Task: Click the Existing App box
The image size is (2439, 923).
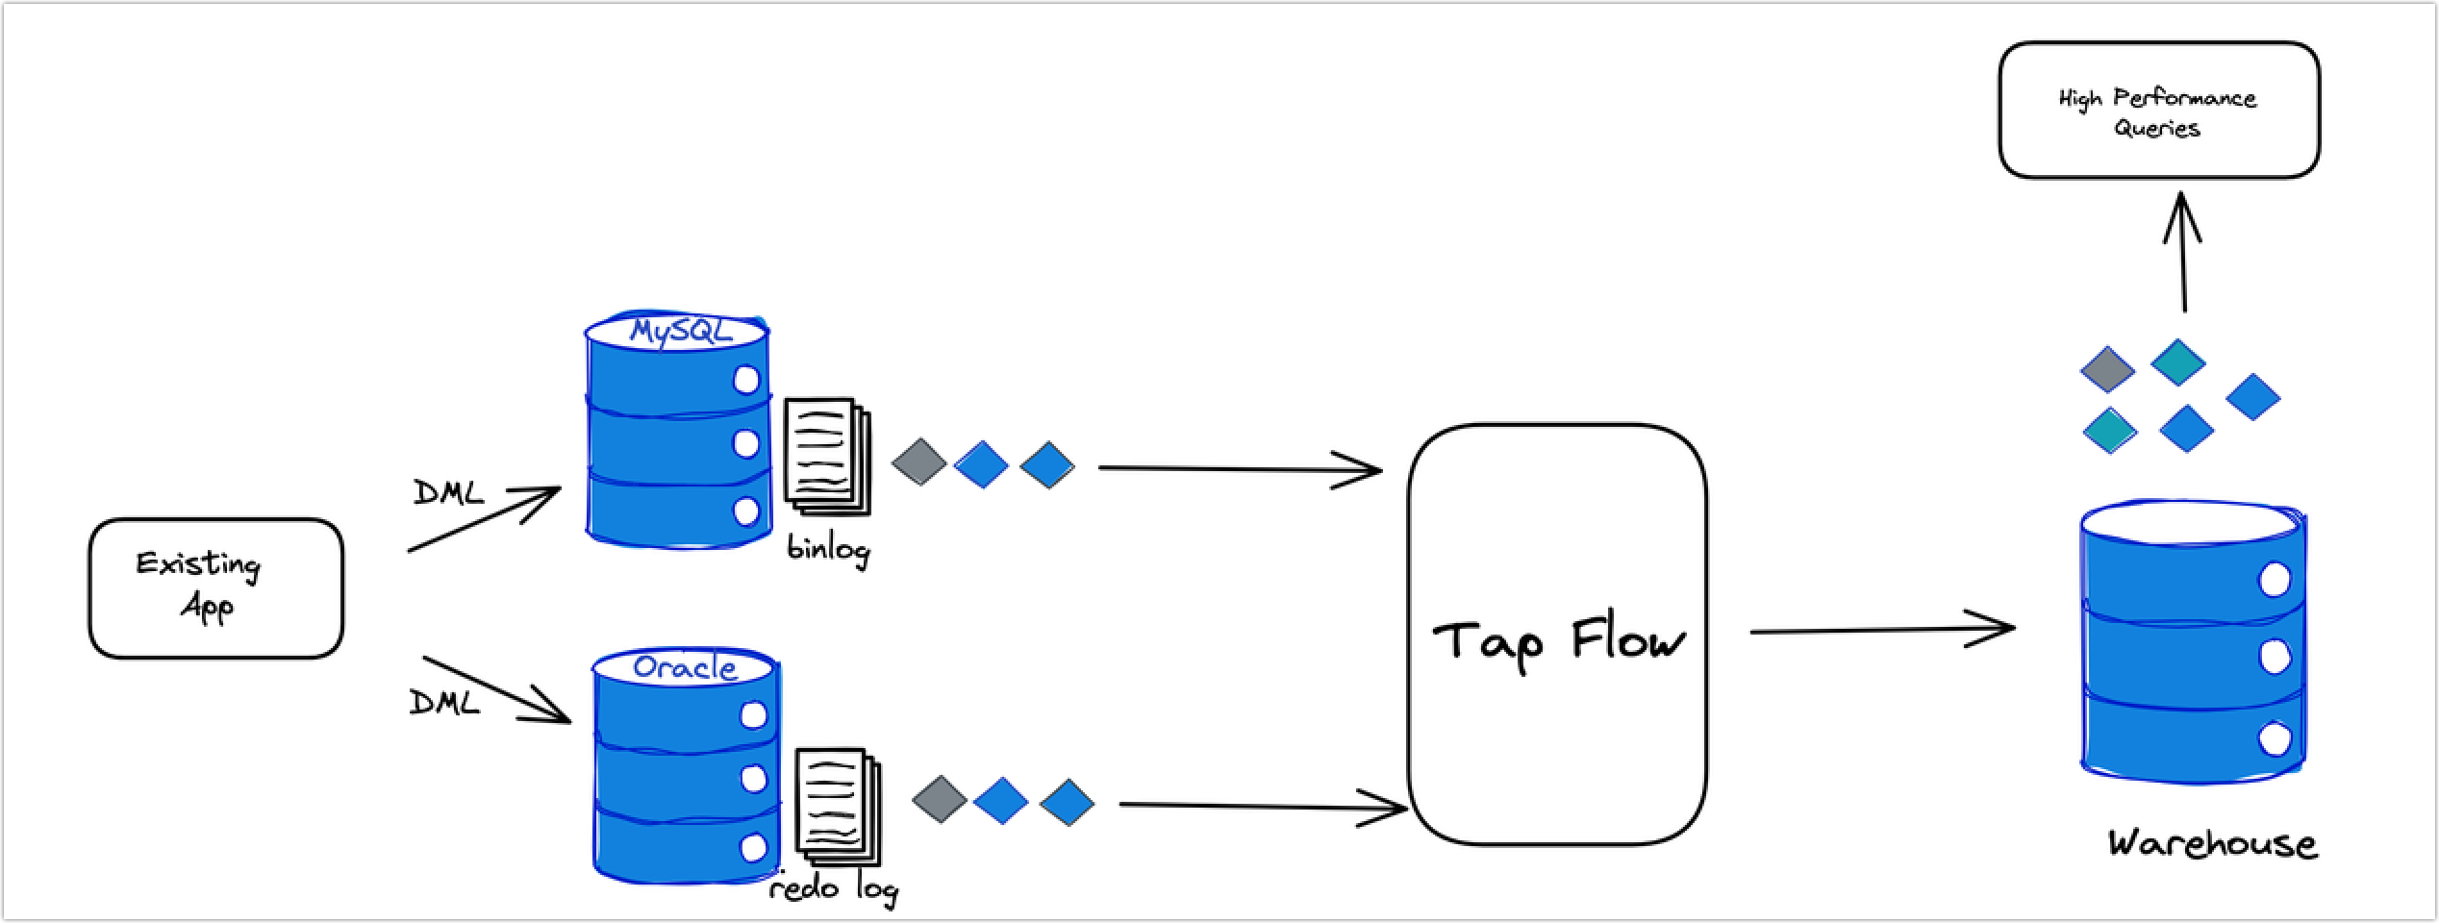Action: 215,588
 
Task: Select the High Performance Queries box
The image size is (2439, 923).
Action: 2158,111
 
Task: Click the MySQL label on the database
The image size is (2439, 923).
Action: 681,331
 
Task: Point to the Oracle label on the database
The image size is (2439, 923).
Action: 686,666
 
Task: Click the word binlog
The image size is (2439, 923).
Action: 828,549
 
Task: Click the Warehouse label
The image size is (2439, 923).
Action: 2212,844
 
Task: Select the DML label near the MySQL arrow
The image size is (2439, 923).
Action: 448,493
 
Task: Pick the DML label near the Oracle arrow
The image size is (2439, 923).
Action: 444,703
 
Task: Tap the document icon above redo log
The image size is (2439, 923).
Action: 837,806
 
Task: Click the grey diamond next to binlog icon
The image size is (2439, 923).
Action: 919,461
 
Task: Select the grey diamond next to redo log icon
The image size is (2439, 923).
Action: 939,799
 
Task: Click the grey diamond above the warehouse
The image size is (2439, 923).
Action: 2107,369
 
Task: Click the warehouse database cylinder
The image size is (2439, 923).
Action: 2193,644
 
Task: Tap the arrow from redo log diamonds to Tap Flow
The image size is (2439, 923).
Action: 1260,806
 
